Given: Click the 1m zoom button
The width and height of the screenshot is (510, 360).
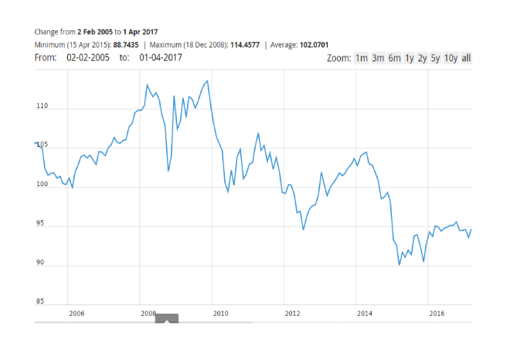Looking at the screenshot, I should (x=361, y=58).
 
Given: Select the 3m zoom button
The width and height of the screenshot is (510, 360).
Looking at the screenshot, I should (x=378, y=58).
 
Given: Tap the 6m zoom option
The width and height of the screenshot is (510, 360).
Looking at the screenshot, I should (x=394, y=58).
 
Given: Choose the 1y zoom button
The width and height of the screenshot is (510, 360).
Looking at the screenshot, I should (x=410, y=58).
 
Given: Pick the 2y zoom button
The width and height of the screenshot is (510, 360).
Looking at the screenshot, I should (x=423, y=58).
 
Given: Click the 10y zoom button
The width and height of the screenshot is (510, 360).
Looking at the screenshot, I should (x=450, y=58).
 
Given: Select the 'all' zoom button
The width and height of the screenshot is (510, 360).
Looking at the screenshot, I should (x=466, y=58).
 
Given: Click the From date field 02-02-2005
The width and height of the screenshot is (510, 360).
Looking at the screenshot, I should (x=88, y=58).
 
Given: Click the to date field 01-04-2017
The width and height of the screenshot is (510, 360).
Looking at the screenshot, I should (x=161, y=58).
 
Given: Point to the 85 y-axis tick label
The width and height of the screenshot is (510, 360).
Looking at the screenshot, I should (x=43, y=301).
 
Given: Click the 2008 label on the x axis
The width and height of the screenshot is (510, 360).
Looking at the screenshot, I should (x=148, y=313).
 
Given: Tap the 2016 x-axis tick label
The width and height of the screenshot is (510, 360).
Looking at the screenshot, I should (x=436, y=313).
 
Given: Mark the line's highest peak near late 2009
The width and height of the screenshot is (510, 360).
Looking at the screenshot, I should (x=207, y=80).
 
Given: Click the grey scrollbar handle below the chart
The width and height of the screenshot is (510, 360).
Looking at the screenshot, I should (x=167, y=318).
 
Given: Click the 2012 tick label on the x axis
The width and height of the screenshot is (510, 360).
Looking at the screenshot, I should (x=292, y=313).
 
